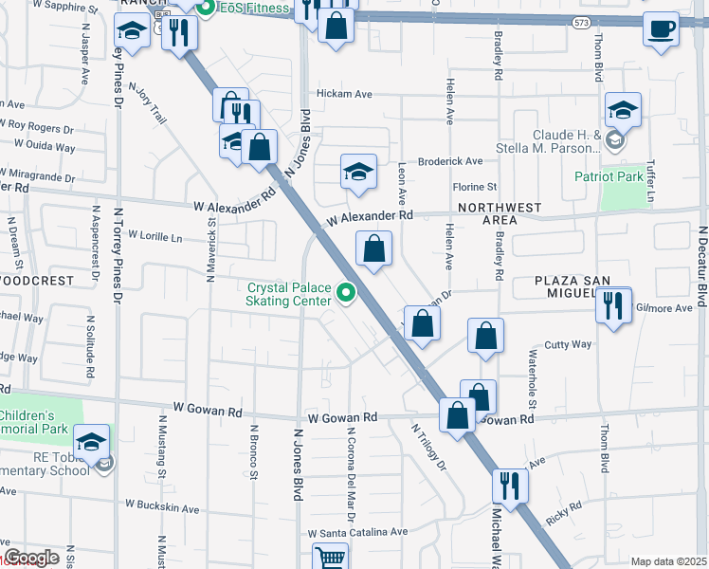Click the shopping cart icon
pos(330,557)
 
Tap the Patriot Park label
pos(609,176)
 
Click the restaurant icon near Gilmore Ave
pos(615,306)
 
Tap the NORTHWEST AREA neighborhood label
pos(500,213)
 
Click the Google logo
pos(31,558)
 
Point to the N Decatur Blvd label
pos(702,266)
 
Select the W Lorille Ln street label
pos(155,234)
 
